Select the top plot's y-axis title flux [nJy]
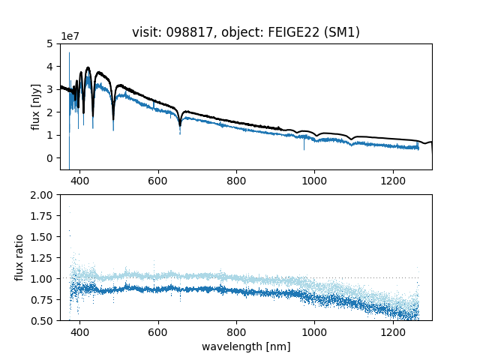click(x=35, y=106)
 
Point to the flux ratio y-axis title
click(x=20, y=257)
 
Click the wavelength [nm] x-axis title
click(x=246, y=346)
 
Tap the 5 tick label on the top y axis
click(x=52, y=43)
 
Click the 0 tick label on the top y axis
click(x=52, y=158)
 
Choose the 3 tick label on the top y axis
click(x=52, y=89)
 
